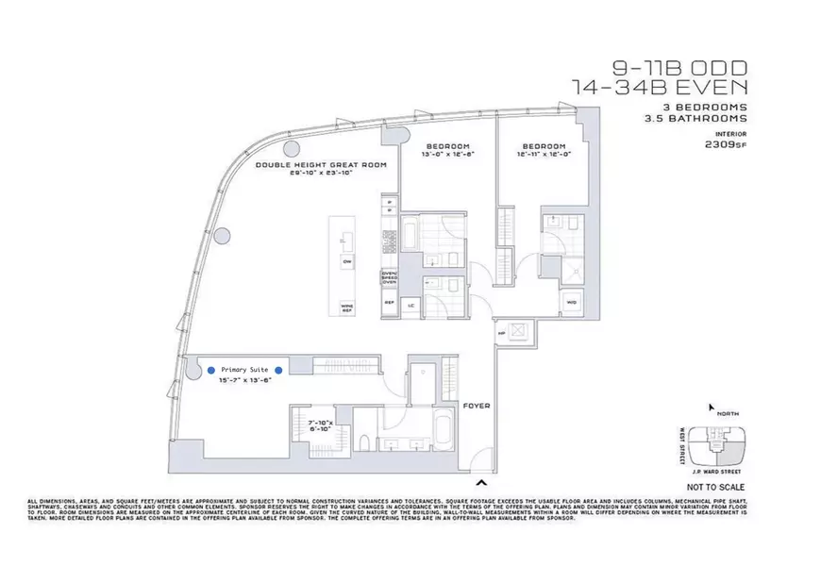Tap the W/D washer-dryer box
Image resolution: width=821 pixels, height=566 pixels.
tap(572, 302)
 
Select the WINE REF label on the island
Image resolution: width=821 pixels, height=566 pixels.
tap(346, 307)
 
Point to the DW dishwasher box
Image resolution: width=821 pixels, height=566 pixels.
tap(346, 260)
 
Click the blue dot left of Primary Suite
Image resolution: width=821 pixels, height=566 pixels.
tap(210, 371)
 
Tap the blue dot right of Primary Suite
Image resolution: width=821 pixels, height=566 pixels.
tap(277, 371)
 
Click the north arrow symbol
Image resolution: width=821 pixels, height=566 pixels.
tap(711, 408)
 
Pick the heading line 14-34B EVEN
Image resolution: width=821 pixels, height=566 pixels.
tap(661, 86)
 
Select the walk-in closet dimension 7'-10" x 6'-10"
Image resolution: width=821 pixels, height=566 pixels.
tap(326, 425)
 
